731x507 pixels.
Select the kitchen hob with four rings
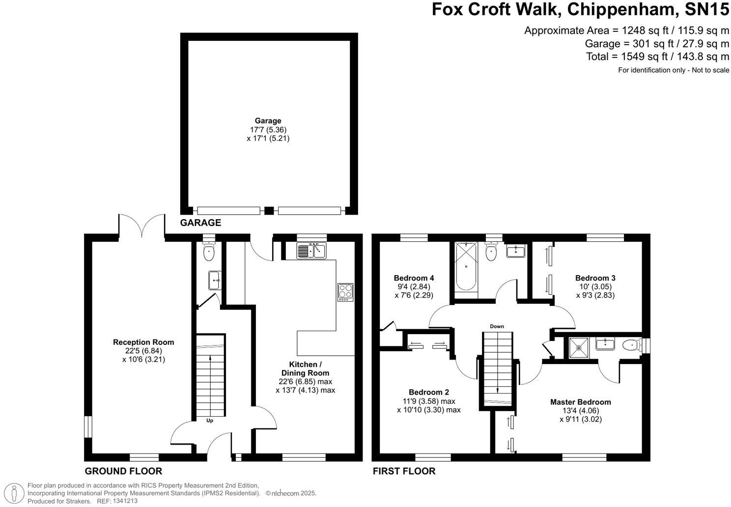pyautogui.click(x=345, y=292)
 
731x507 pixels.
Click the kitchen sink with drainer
pyautogui.click(x=311, y=251)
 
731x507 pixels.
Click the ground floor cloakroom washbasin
pyautogui.click(x=215, y=280)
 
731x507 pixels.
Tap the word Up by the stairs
pyautogui.click(x=209, y=420)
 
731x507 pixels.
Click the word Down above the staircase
pyautogui.click(x=497, y=326)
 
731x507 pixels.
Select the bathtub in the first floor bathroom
pyautogui.click(x=466, y=266)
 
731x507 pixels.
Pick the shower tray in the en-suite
pyautogui.click(x=579, y=348)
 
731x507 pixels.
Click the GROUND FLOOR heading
pyautogui.click(x=123, y=471)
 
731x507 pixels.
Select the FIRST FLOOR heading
pyautogui.click(x=404, y=471)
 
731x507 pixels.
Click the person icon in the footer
pyautogui.click(x=14, y=493)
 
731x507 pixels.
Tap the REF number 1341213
pyautogui.click(x=125, y=501)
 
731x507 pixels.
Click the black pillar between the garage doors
pyautogui.click(x=269, y=210)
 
